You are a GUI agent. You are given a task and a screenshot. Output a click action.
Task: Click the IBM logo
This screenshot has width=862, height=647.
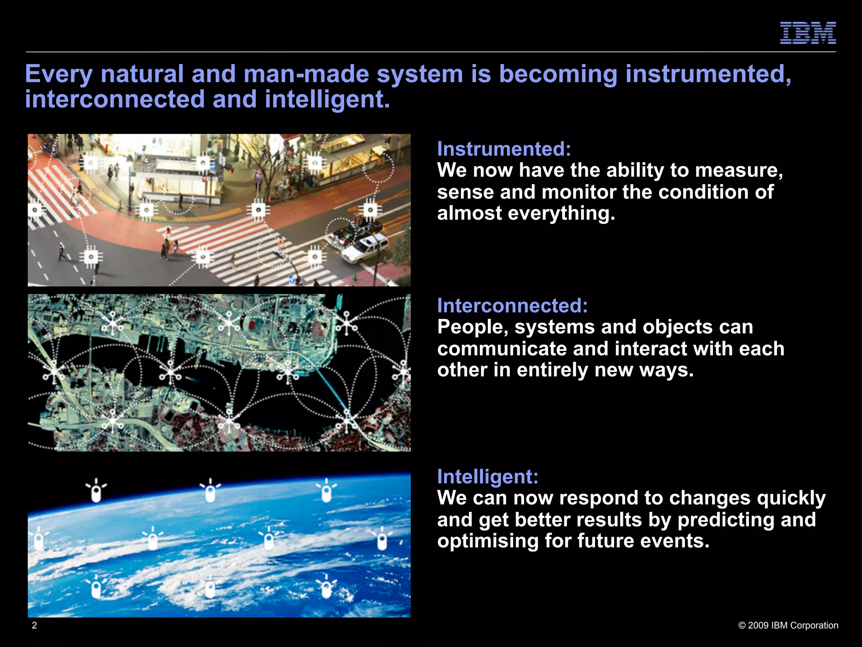808,33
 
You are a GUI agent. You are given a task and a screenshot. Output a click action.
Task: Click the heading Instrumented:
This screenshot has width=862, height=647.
504,149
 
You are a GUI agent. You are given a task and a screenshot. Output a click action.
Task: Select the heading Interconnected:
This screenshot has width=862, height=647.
512,305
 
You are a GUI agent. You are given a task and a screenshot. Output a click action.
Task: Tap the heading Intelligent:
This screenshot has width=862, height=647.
488,476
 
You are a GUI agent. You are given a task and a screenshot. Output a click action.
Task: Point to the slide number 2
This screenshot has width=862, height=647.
35,625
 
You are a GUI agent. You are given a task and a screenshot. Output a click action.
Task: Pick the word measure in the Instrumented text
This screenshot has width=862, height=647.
739,171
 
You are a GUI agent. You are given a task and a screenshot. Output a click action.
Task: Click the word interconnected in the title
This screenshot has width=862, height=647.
115,99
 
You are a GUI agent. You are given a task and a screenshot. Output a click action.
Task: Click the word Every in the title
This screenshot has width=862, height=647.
59,75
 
